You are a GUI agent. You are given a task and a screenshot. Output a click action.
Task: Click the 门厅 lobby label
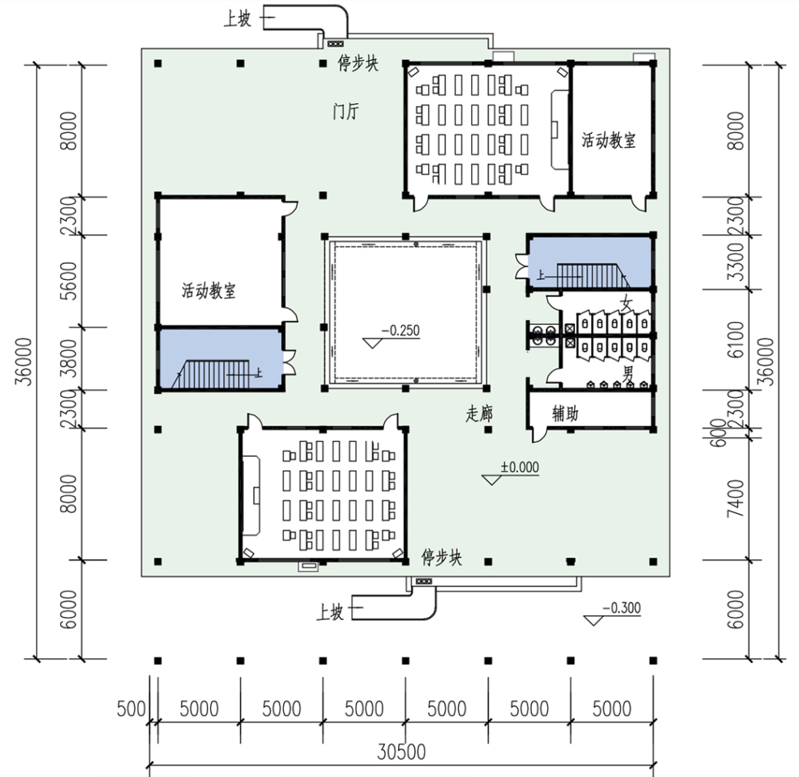(x=346, y=111)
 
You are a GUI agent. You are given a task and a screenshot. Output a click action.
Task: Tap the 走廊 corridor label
(x=479, y=413)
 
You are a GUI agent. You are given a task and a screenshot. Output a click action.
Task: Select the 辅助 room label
(x=565, y=413)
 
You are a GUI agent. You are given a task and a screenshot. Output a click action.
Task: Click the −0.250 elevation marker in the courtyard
(x=401, y=331)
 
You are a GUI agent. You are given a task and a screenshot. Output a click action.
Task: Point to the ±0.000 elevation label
(x=520, y=467)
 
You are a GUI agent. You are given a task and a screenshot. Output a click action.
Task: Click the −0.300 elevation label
(x=622, y=608)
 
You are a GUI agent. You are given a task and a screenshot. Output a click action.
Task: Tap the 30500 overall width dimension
(x=401, y=752)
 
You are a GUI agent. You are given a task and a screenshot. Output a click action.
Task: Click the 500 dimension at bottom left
(x=131, y=709)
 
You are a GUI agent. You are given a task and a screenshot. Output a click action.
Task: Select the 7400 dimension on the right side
(x=736, y=498)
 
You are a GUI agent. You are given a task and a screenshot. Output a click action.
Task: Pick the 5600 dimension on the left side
(x=69, y=281)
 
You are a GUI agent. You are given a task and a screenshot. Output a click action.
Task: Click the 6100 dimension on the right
(x=736, y=339)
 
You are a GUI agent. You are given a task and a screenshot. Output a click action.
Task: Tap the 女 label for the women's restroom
(x=627, y=304)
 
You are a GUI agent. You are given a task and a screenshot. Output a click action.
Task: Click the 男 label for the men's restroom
(x=628, y=373)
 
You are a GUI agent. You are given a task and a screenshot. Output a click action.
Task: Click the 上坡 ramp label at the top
(x=237, y=18)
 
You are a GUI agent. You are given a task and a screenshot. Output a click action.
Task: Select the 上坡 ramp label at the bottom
(x=330, y=612)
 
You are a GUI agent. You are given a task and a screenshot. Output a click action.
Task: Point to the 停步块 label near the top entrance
(x=358, y=63)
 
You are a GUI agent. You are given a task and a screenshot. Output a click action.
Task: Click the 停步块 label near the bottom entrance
(x=441, y=557)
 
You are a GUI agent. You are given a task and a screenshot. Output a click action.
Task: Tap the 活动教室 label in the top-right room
(x=609, y=140)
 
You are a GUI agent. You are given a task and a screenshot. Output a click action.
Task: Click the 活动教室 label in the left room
(x=209, y=290)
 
